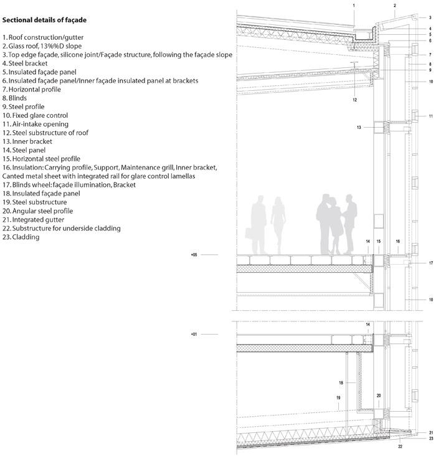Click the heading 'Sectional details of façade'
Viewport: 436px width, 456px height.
point(44,20)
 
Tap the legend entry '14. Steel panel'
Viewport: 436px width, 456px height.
point(24,150)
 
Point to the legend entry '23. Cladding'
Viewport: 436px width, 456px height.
point(21,237)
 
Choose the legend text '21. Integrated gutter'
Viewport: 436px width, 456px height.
point(33,219)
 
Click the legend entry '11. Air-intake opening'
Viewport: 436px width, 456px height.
point(36,124)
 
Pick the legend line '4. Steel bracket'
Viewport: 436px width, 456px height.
point(25,64)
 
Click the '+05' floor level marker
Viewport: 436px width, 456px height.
point(194,255)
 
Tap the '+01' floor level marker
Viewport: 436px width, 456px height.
point(194,334)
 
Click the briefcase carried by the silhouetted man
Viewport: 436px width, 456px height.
point(249,233)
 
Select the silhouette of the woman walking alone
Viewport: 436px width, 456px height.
point(278,225)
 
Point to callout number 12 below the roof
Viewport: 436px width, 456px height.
point(354,100)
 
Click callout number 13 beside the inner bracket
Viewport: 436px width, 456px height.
point(359,127)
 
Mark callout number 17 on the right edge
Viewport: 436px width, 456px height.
point(431,263)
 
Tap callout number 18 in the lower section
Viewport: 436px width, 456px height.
point(341,382)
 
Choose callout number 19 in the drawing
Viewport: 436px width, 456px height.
point(338,398)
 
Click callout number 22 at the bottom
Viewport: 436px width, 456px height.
point(400,447)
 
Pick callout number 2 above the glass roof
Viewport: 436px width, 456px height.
point(395,6)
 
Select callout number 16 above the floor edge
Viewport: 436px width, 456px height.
point(398,241)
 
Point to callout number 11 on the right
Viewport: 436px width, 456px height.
point(431,116)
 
